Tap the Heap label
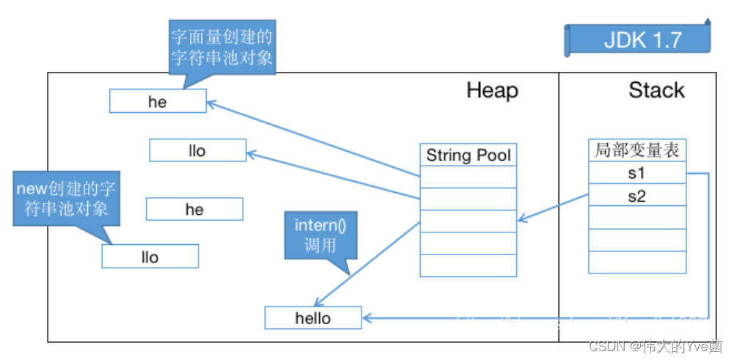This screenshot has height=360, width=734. (492, 91)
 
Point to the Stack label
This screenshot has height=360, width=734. (656, 90)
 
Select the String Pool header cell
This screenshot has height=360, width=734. (469, 155)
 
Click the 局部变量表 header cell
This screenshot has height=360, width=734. (637, 150)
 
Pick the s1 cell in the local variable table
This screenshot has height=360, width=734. (637, 174)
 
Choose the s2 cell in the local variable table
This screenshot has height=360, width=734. (637, 196)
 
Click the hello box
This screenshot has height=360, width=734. (313, 318)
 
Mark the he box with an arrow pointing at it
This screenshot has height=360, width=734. (158, 102)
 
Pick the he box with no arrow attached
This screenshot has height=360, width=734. (194, 210)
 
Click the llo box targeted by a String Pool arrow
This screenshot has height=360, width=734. (197, 151)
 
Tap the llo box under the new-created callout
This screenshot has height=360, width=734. (150, 257)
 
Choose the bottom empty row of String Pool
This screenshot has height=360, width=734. (469, 265)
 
